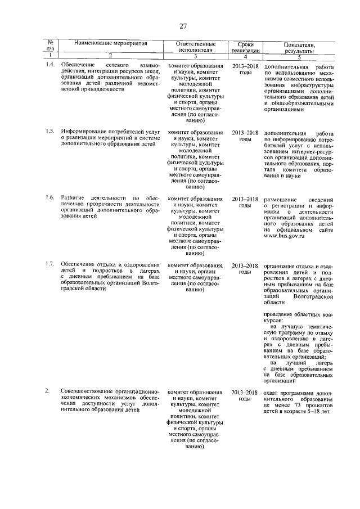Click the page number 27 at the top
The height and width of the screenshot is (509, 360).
point(183,26)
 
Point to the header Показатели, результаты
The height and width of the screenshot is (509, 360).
point(299,46)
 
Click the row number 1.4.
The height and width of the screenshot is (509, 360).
point(51,66)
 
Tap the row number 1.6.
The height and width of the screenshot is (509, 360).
point(51,199)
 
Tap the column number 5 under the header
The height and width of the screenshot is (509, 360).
point(299,56)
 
